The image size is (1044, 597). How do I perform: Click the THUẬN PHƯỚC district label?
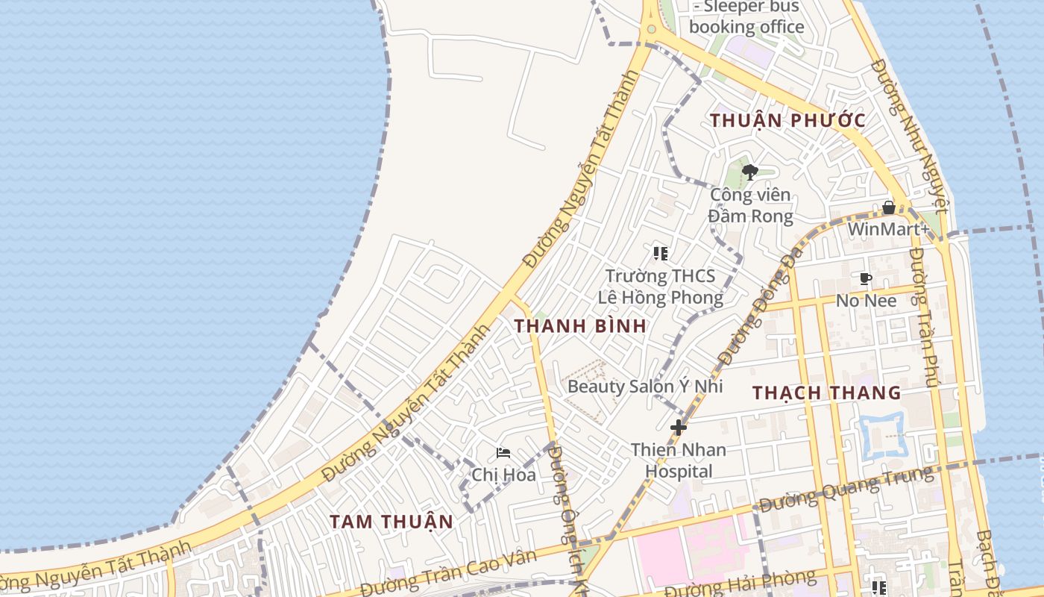(x=787, y=120)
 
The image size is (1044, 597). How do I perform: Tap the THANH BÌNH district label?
(x=579, y=326)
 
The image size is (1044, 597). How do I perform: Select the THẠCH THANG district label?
(x=826, y=393)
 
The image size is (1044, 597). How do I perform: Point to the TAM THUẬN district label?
(x=391, y=522)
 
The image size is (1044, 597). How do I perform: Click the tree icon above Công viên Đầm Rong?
(x=750, y=172)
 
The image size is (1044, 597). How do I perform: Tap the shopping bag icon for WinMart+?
(x=889, y=207)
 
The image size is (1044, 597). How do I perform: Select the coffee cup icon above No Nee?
(x=865, y=279)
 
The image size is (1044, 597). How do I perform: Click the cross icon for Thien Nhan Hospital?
(x=679, y=428)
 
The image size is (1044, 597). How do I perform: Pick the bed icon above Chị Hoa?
(x=503, y=453)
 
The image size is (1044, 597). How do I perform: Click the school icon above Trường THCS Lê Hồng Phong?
(x=660, y=254)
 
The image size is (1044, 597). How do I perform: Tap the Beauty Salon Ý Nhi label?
(x=645, y=387)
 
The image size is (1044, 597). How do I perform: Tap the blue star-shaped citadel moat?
(x=881, y=435)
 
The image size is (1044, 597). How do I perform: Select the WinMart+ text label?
(x=888, y=228)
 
